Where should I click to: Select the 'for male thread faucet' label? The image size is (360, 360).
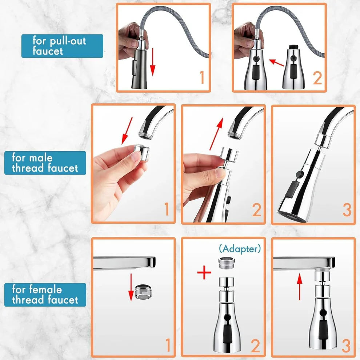[45, 163]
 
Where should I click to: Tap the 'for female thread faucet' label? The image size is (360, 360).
[45, 295]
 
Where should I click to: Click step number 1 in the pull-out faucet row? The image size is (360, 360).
[201, 77]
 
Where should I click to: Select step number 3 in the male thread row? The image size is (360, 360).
[347, 209]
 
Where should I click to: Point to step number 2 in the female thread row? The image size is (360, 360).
[255, 346]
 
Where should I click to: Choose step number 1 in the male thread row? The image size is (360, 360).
[167, 209]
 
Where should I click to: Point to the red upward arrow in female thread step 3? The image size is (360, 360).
[300, 286]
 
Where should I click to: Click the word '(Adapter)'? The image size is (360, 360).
[240, 249]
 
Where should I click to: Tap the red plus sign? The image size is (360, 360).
[204, 272]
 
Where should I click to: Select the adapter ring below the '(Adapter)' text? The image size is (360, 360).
[227, 263]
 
